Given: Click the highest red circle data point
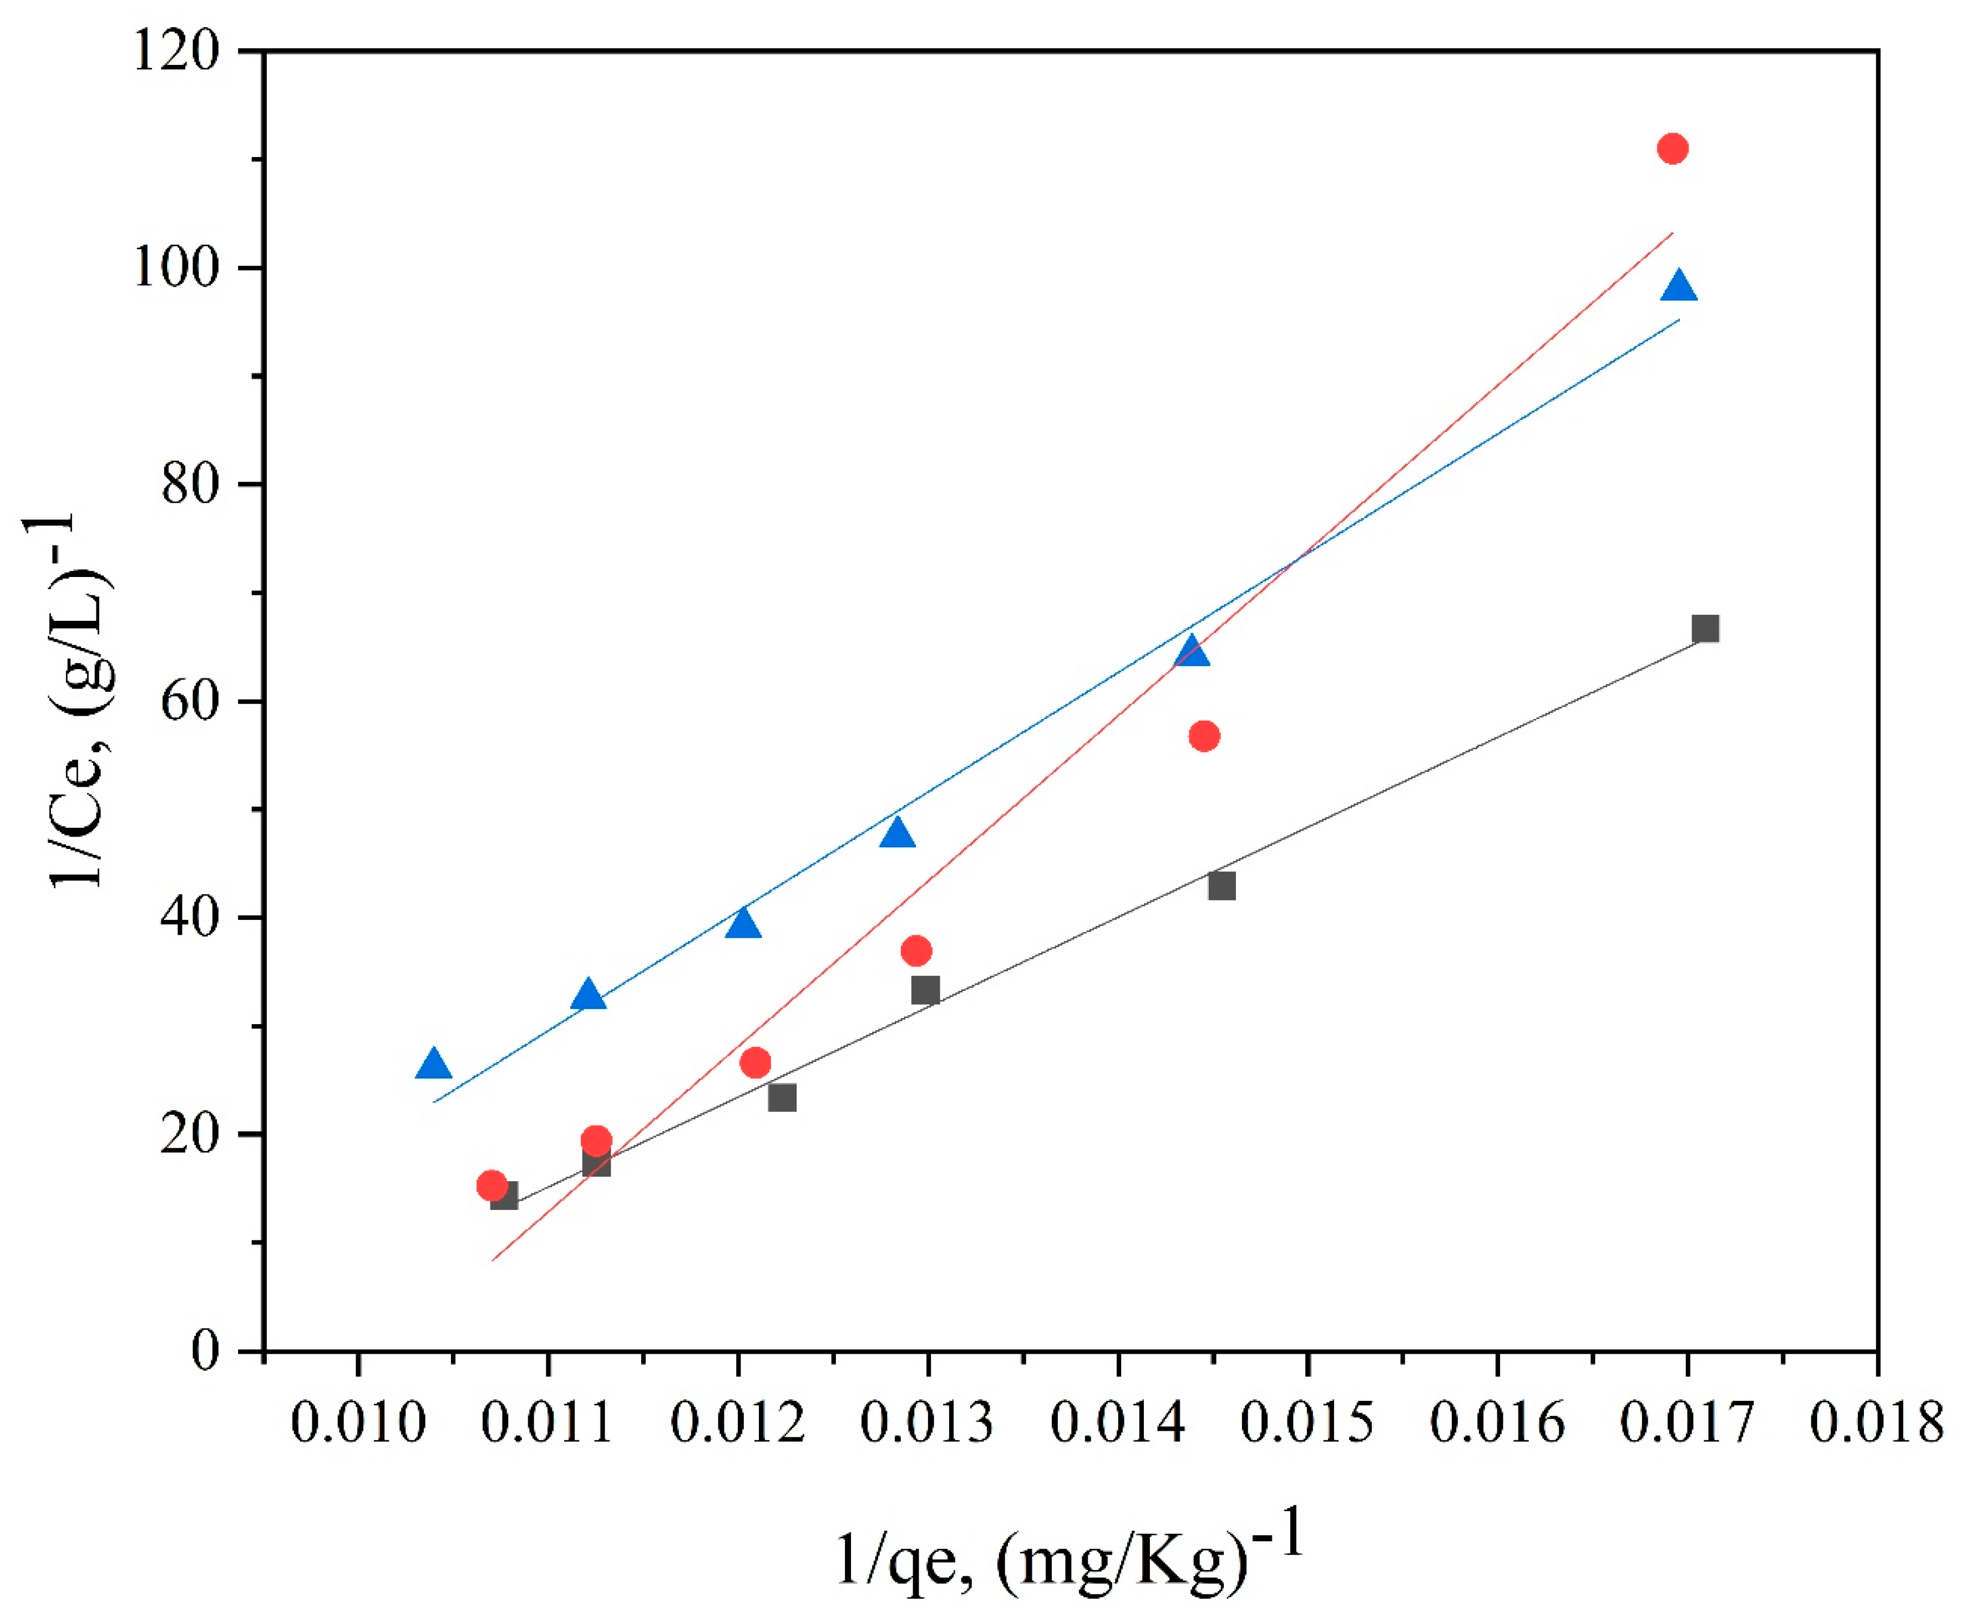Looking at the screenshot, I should (x=1673, y=149).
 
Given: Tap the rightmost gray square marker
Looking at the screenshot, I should (x=1705, y=629).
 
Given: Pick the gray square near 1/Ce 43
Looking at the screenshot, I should (x=1222, y=885).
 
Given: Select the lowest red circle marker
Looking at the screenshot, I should (x=492, y=1185).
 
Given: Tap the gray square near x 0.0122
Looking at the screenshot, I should (x=782, y=1098).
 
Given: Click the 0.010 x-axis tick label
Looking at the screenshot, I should (x=358, y=1424).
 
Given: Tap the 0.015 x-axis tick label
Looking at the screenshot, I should (x=1307, y=1424).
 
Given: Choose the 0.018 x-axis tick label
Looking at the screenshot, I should (x=1876, y=1424).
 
